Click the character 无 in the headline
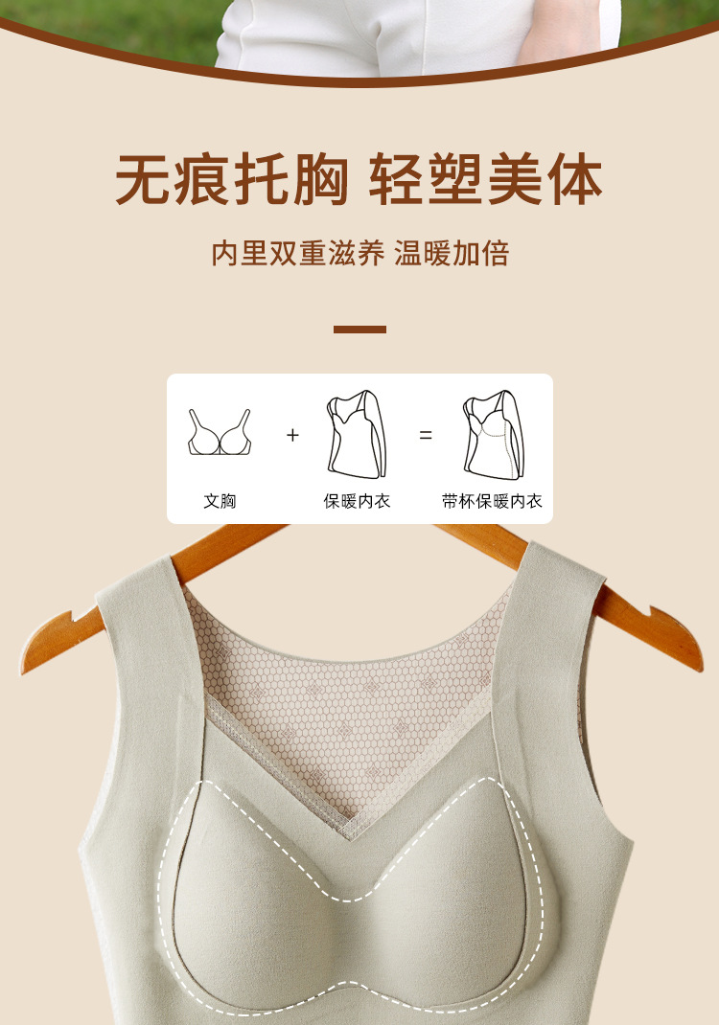(x=144, y=179)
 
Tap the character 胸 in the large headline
(x=319, y=179)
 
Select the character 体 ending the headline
(x=574, y=179)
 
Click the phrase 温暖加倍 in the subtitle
(x=452, y=254)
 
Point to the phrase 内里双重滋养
(x=298, y=254)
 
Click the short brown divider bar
(x=359, y=330)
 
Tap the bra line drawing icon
(x=220, y=432)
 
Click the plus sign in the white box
(x=292, y=435)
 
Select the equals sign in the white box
(x=426, y=435)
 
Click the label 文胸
(x=220, y=501)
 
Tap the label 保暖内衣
(x=357, y=501)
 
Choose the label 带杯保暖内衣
(x=492, y=501)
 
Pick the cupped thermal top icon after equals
(x=494, y=434)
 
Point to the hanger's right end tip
(x=700, y=667)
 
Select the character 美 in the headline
(x=516, y=179)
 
